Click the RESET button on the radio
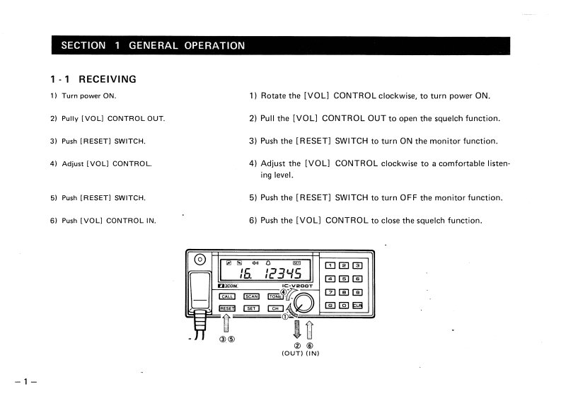click(227, 308)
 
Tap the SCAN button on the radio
click(251, 296)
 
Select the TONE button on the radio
click(275, 296)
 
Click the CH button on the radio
click(274, 308)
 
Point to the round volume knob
click(305, 303)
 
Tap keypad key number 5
click(344, 278)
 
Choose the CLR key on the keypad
click(357, 305)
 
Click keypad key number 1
click(330, 265)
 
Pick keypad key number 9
click(357, 291)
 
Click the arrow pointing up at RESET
click(226, 322)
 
